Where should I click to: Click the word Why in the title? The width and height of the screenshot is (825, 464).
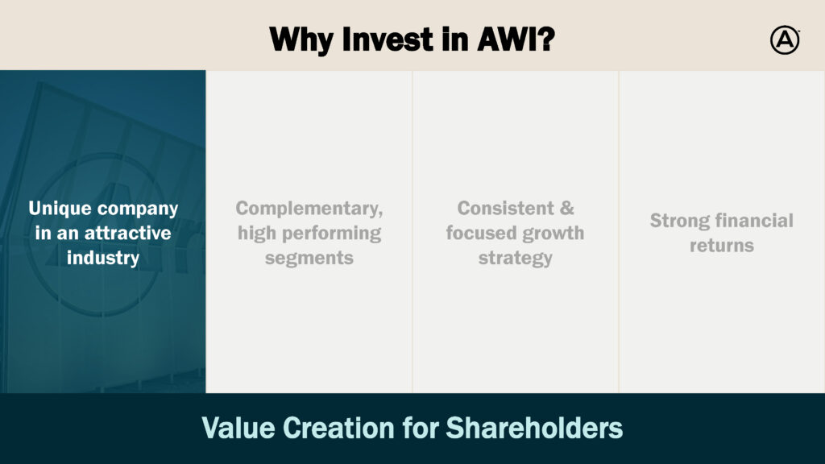(301, 40)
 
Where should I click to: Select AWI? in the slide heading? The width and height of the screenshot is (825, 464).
(516, 39)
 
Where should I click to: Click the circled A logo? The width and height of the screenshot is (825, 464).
(785, 40)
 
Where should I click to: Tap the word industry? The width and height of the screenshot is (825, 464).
(103, 259)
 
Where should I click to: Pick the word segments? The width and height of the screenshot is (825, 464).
(309, 259)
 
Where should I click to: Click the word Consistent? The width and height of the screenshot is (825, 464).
(506, 209)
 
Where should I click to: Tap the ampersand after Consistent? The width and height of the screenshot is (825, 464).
(566, 209)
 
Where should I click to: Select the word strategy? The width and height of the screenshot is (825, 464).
(516, 259)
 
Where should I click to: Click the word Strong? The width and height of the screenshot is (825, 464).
(678, 221)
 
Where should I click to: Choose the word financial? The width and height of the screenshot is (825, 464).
(753, 221)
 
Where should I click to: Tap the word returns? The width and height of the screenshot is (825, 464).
(722, 246)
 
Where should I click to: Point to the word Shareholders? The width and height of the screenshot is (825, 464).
(535, 427)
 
